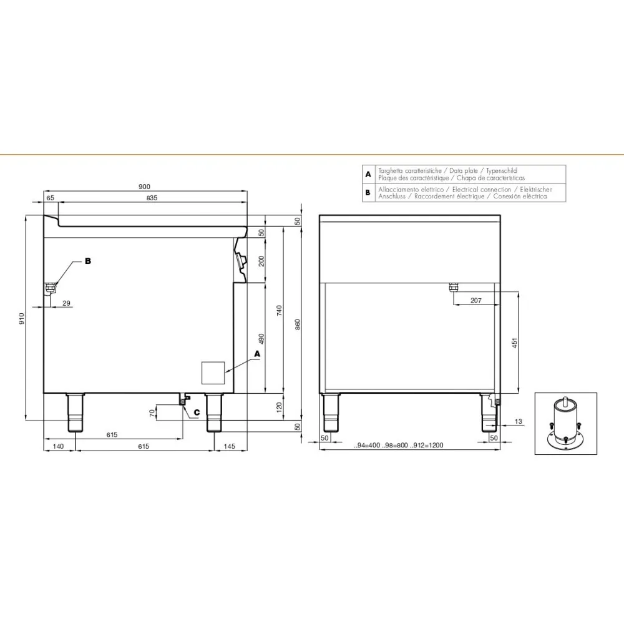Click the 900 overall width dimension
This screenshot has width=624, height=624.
(x=145, y=187)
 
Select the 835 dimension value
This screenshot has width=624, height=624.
(x=152, y=198)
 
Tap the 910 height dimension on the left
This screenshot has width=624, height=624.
(x=21, y=318)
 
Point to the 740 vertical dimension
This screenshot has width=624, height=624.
(x=279, y=310)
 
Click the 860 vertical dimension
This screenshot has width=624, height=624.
(x=298, y=324)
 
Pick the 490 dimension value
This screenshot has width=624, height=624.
(x=261, y=339)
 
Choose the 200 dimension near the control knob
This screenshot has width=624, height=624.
(x=261, y=261)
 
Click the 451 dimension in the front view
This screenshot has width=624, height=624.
(x=514, y=343)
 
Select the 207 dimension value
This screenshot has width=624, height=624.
(x=476, y=301)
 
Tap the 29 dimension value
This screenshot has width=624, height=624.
(x=67, y=303)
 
